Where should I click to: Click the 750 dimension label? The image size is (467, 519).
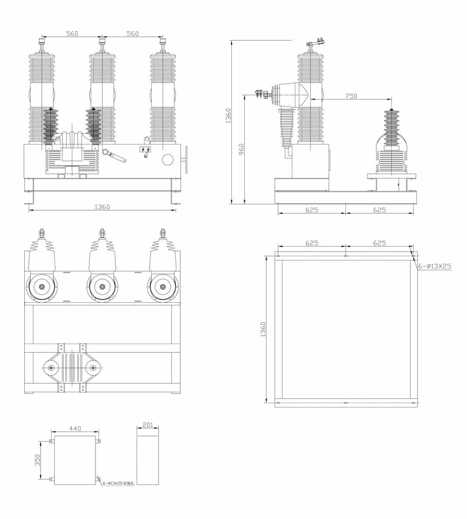point(351,96)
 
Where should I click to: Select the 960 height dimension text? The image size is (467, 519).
point(242,149)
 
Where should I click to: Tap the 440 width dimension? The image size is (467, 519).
point(75,428)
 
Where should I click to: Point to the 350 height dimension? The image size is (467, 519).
point(38,460)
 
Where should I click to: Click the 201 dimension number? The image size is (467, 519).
point(148,425)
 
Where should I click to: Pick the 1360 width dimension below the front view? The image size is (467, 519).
point(102,207)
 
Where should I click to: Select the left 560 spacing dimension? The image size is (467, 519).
point(72,33)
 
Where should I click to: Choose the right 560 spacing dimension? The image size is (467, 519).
point(132,33)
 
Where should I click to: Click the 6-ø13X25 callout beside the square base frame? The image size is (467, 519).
point(434,266)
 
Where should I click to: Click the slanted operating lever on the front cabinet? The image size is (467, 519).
point(115,156)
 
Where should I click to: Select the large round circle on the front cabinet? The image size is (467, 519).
point(167,160)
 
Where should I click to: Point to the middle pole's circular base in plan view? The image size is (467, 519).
point(102,287)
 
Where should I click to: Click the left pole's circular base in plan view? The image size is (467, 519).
point(42,287)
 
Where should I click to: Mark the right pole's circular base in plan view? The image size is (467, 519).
point(163,287)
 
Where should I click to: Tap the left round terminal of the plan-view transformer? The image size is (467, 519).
point(51,368)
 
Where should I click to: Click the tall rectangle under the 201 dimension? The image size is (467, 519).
point(148,460)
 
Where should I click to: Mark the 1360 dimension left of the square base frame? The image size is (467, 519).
point(263,330)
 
